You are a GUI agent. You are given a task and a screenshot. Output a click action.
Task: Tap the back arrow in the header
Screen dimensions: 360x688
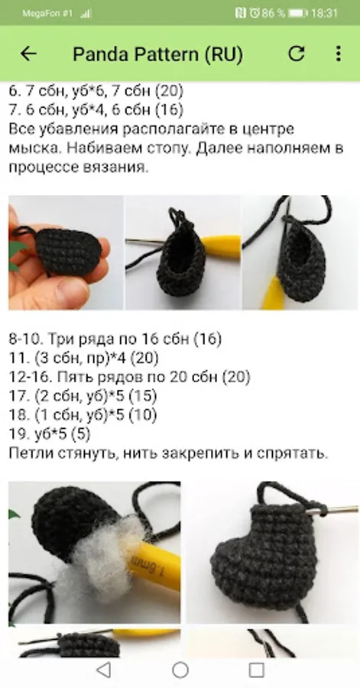28,54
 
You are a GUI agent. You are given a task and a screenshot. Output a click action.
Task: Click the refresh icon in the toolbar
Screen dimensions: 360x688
297,54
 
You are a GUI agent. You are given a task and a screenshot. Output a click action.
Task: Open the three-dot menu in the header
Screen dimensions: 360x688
338,54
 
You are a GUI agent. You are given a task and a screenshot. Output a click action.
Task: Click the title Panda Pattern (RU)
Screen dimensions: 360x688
158,54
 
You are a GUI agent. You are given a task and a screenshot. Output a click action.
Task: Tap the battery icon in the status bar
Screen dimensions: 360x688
298,13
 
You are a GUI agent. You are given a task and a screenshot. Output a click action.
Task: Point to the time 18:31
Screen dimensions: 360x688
325,13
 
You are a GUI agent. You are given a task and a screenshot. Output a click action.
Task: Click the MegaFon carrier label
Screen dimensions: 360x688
47,13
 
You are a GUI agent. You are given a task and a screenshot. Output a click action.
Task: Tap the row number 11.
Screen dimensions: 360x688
15,359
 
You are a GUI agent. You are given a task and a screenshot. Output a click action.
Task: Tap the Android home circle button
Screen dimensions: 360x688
180,670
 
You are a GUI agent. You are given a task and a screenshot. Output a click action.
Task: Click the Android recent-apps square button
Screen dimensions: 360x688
257,670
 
